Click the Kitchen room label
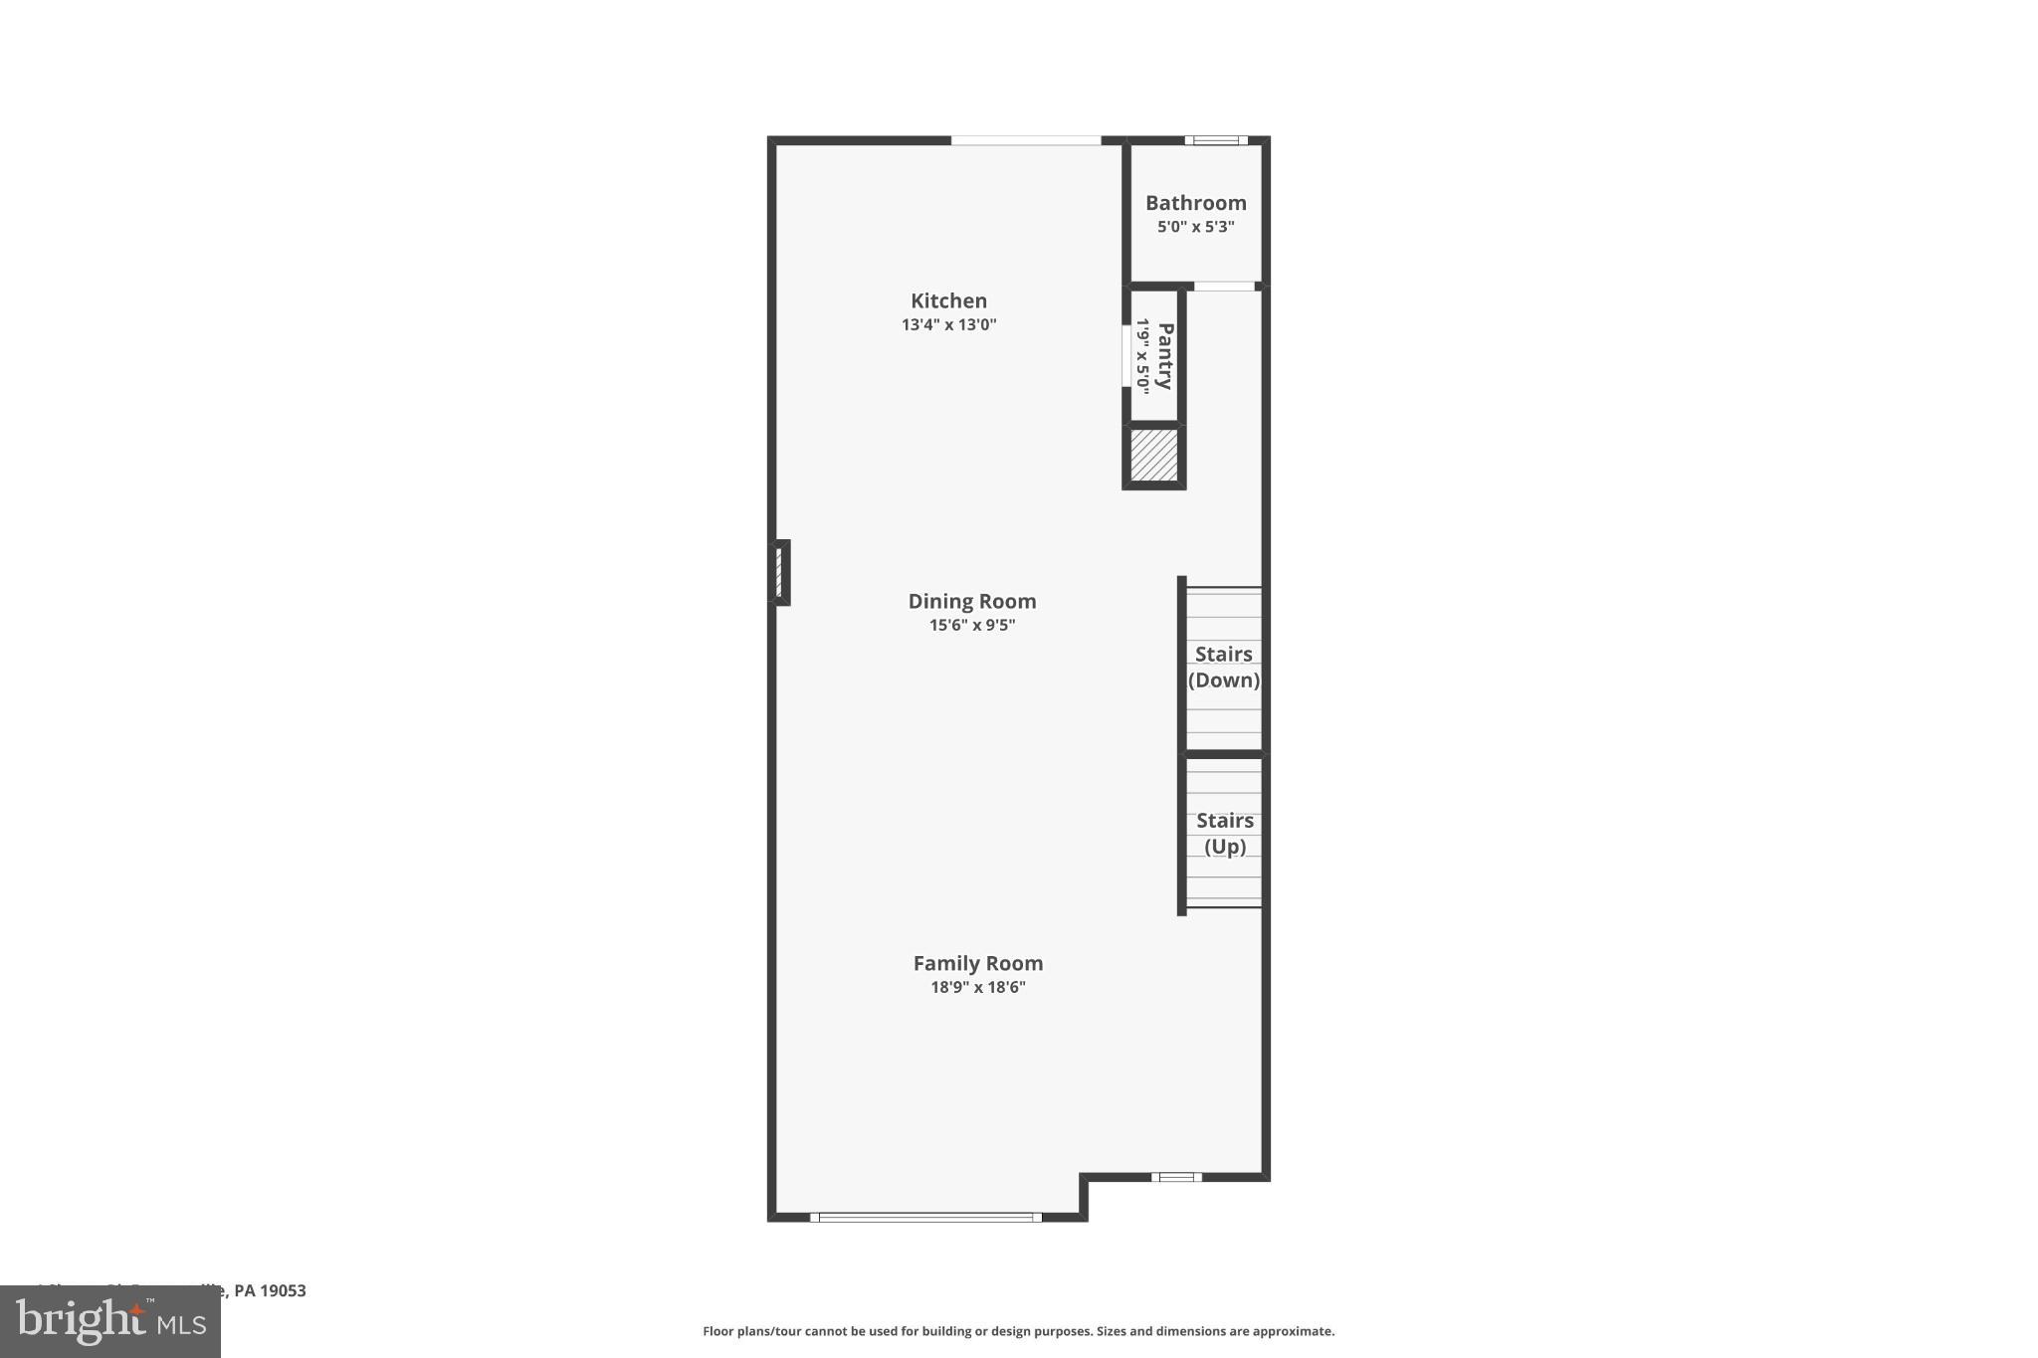(x=948, y=300)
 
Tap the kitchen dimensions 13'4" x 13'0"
(x=948, y=324)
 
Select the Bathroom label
(x=1195, y=203)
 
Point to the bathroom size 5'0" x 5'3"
(x=1195, y=227)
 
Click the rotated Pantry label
(x=1165, y=356)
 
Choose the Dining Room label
(x=972, y=601)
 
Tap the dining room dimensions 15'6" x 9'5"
(x=972, y=626)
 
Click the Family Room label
(x=978, y=963)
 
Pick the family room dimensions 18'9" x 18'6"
(x=978, y=988)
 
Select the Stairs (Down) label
(x=1224, y=667)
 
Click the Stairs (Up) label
(x=1225, y=833)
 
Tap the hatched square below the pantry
(x=1154, y=456)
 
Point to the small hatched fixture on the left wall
(x=780, y=572)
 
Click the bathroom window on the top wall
(x=1215, y=140)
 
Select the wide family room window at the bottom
(x=925, y=1217)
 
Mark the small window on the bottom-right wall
(x=1176, y=1177)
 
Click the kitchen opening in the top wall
(x=1025, y=140)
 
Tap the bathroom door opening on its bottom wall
(x=1224, y=287)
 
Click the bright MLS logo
(x=110, y=1322)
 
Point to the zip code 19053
(x=284, y=1290)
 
